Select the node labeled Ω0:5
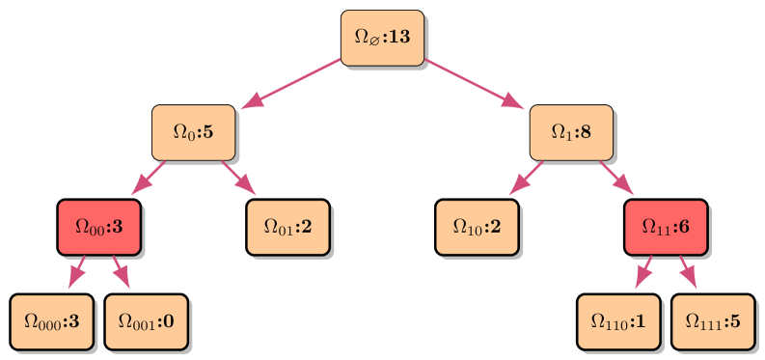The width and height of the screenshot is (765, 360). (x=193, y=132)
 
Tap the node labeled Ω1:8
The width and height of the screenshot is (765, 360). (x=571, y=132)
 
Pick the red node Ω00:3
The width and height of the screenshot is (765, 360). (x=98, y=227)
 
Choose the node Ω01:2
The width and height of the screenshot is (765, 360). (x=287, y=227)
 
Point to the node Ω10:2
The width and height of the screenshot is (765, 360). (x=477, y=227)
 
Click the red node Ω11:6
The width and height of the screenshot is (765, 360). (x=666, y=227)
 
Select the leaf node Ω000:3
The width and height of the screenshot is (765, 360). (x=51, y=321)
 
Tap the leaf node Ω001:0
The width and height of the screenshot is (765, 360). (x=146, y=321)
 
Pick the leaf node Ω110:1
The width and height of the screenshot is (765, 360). (x=618, y=321)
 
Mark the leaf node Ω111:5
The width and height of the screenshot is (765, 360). (x=713, y=321)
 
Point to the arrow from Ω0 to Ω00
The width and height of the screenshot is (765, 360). (x=147, y=179)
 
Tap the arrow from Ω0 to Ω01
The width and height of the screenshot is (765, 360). (x=239, y=179)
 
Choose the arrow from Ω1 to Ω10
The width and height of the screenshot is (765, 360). (x=525, y=179)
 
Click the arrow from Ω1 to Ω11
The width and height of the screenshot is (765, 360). (x=617, y=179)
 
